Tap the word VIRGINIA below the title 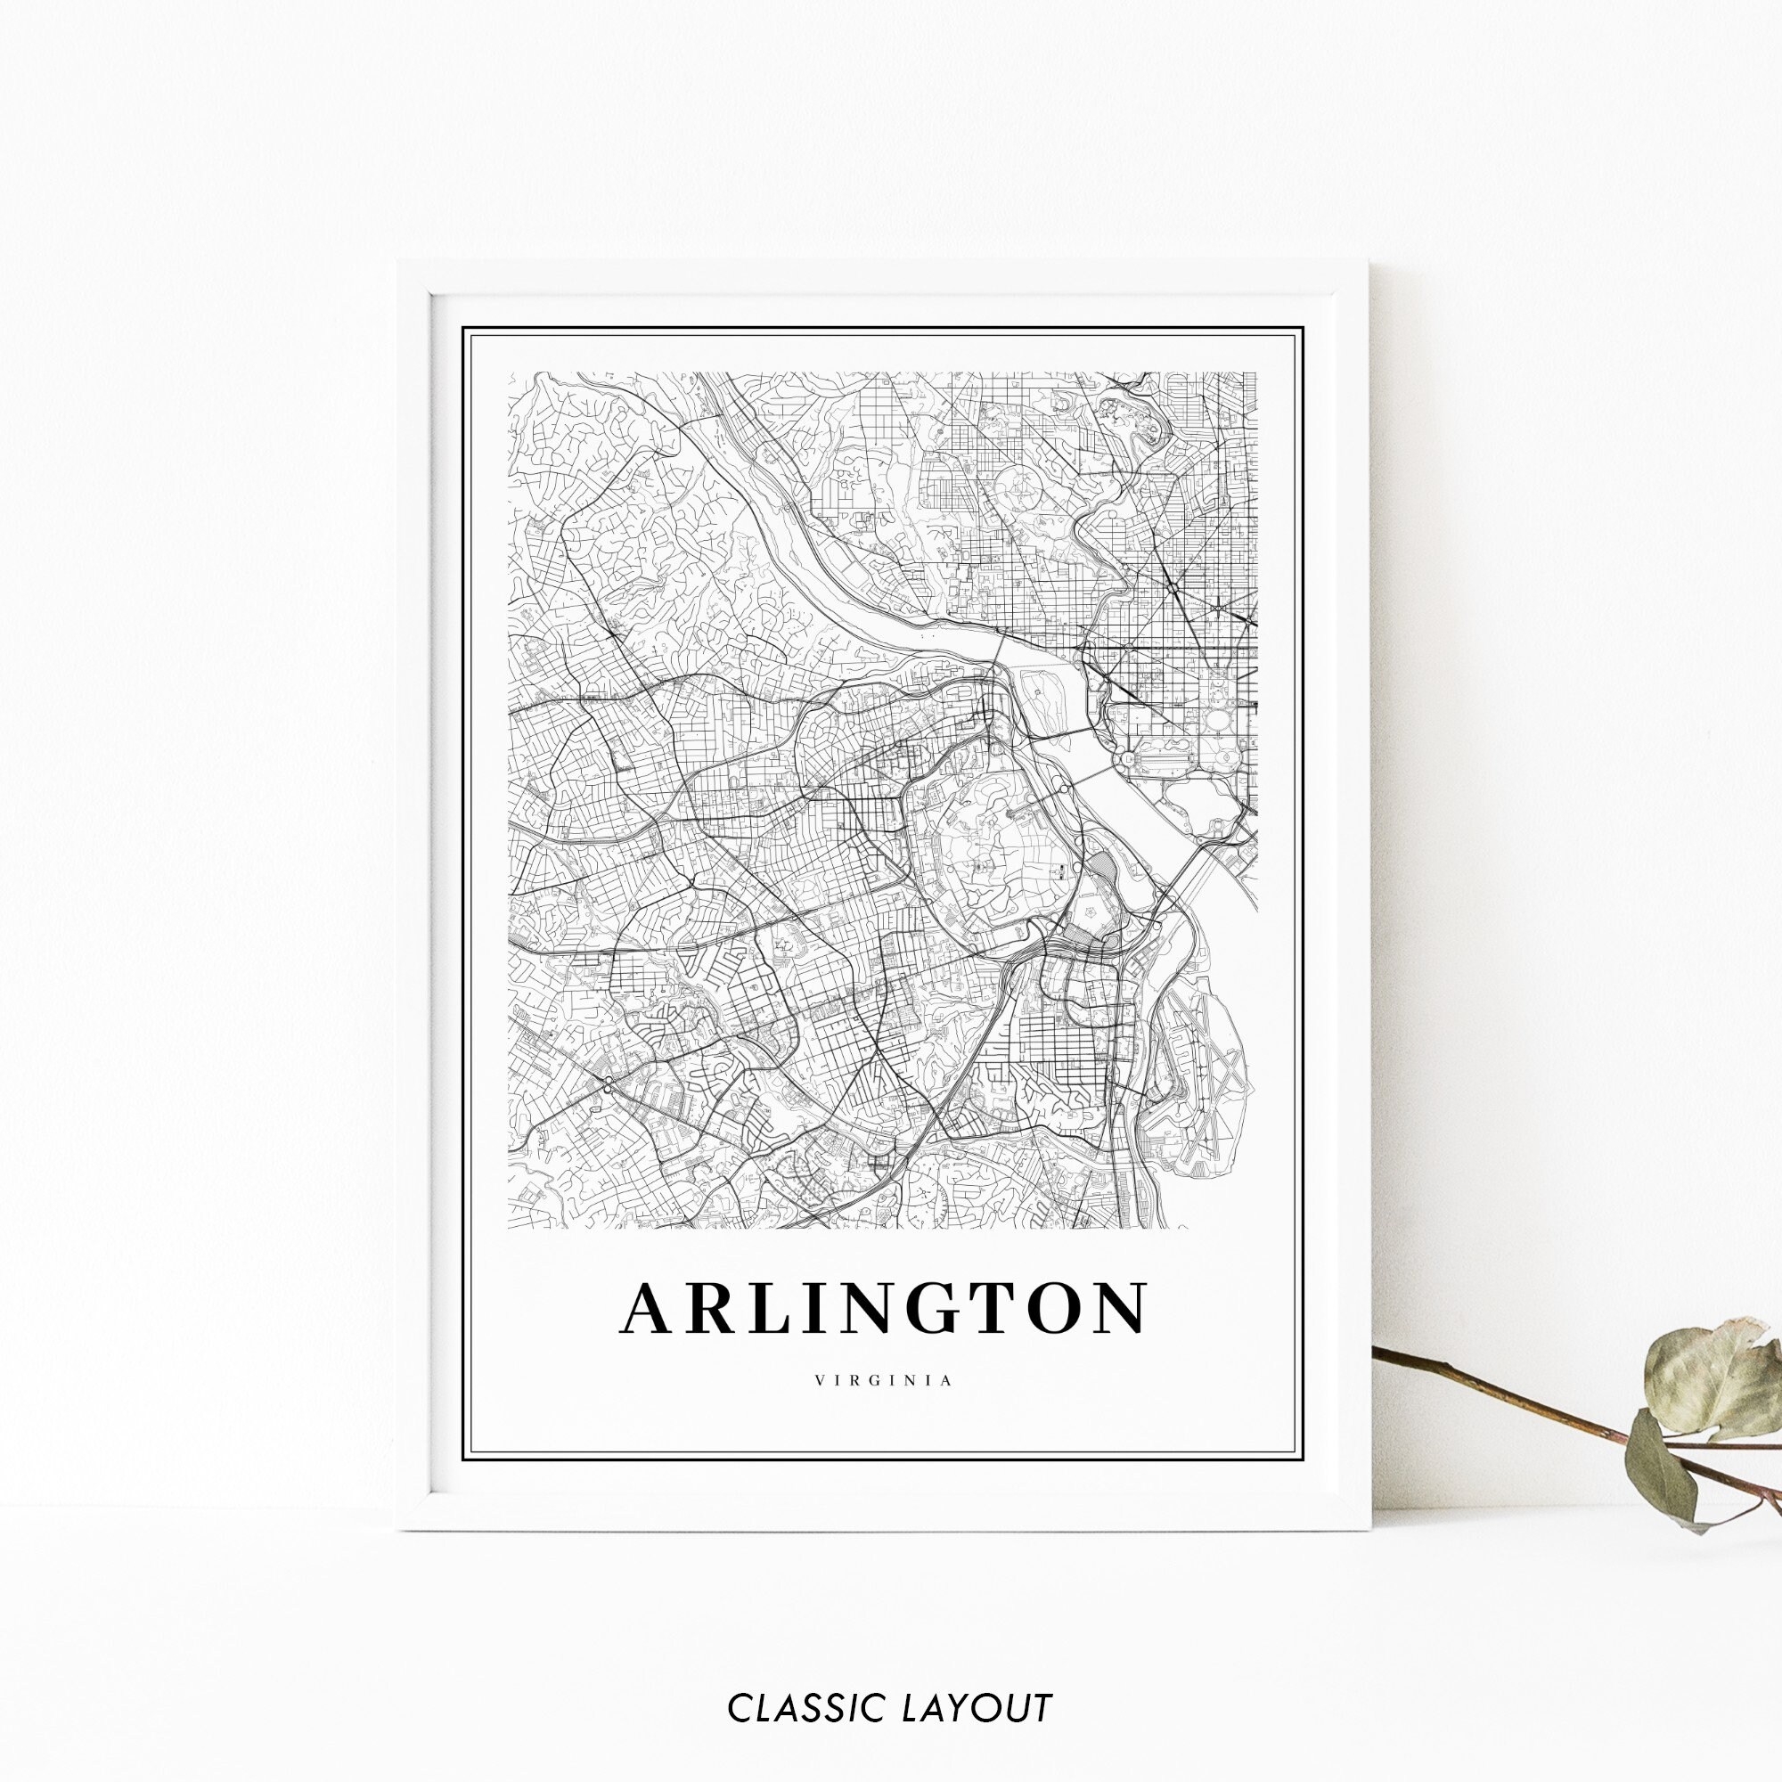tap(883, 1381)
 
